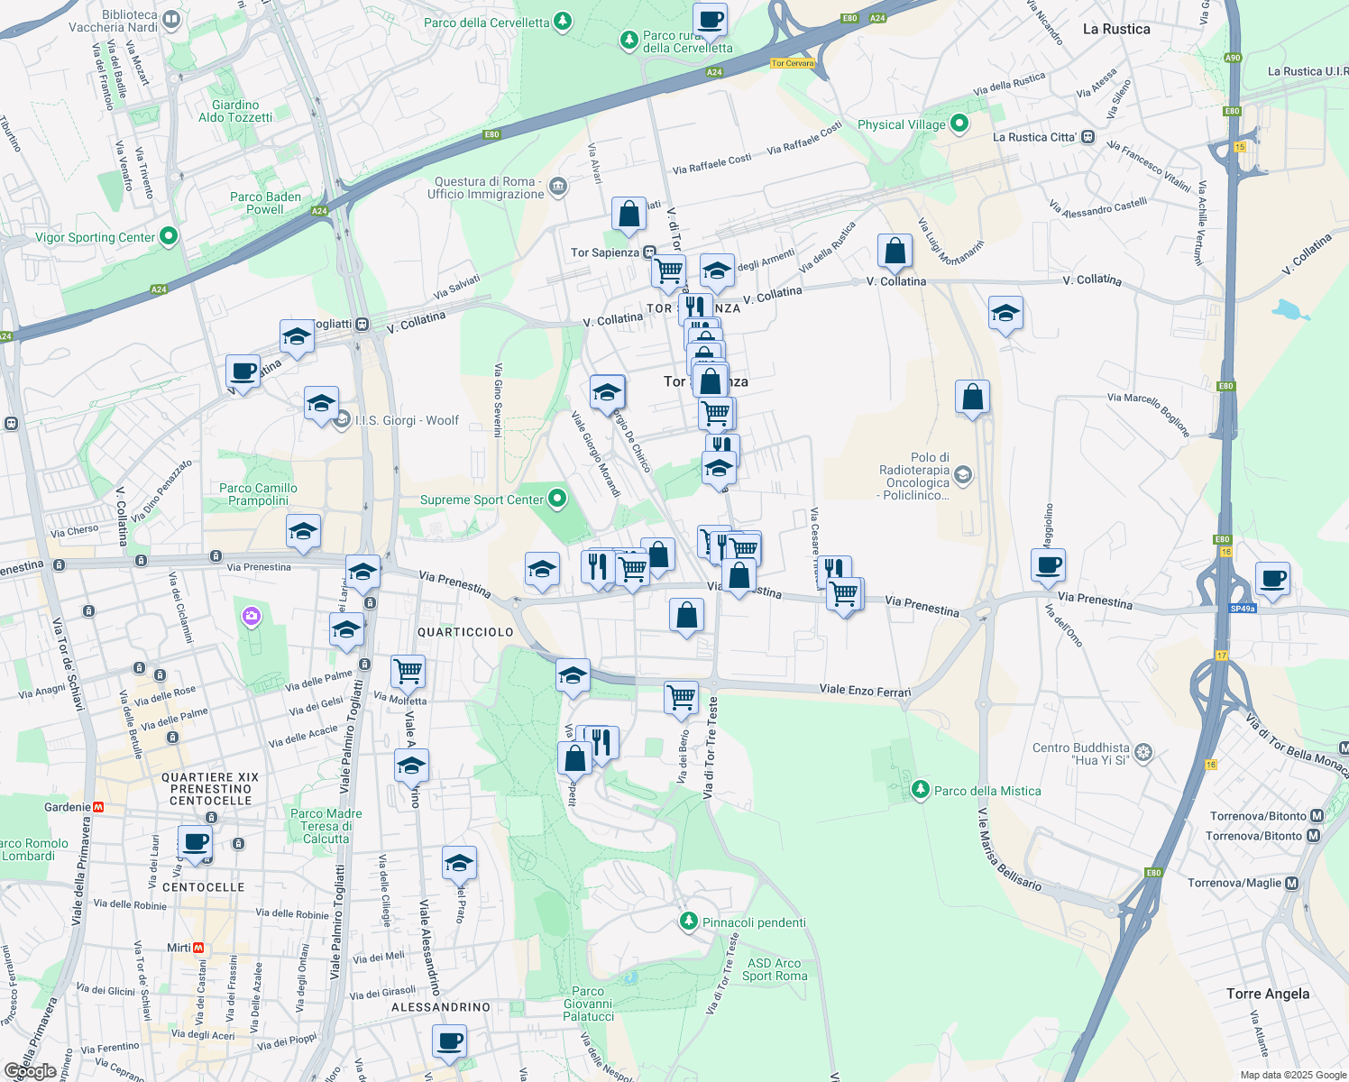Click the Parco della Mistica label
[987, 791]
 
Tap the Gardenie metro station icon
[99, 807]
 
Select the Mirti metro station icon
[198, 948]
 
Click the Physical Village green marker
[959, 124]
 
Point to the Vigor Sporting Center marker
[168, 236]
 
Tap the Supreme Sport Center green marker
[557, 499]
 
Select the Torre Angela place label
[1267, 994]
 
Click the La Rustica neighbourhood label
[1115, 29]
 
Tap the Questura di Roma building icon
[558, 187]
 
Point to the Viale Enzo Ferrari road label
[865, 690]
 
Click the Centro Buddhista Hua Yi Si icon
[1143, 752]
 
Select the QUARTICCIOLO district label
[465, 632]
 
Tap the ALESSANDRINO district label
[441, 1007]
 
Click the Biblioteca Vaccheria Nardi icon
[171, 19]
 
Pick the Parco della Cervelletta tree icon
[562, 21]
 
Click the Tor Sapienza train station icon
[649, 252]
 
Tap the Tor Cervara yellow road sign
[793, 63]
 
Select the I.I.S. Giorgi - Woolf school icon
[342, 419]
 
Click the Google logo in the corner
[30, 1071]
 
